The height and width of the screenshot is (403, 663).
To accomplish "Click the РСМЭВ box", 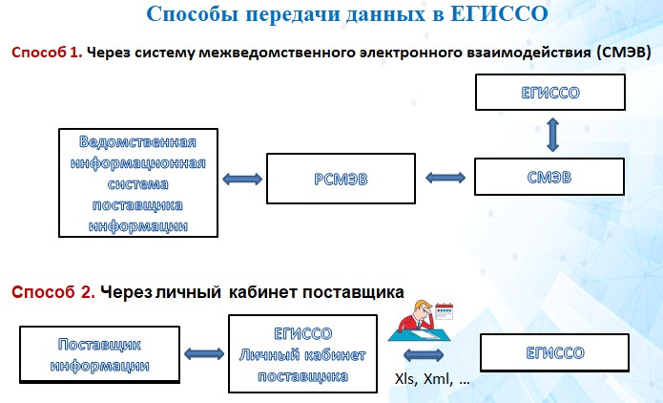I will (340, 179).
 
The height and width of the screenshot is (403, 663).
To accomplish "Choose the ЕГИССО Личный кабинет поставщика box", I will (302, 354).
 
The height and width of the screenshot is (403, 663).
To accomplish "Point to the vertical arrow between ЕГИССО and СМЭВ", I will (550, 135).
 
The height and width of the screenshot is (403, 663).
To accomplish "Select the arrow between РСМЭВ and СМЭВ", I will (445, 178).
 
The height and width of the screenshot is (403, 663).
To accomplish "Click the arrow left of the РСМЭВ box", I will (238, 179).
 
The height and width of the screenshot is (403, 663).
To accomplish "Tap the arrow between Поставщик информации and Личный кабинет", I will (201, 353).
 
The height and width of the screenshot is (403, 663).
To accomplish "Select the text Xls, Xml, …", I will (432, 379).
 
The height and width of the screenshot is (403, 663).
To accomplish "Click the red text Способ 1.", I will (47, 53).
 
